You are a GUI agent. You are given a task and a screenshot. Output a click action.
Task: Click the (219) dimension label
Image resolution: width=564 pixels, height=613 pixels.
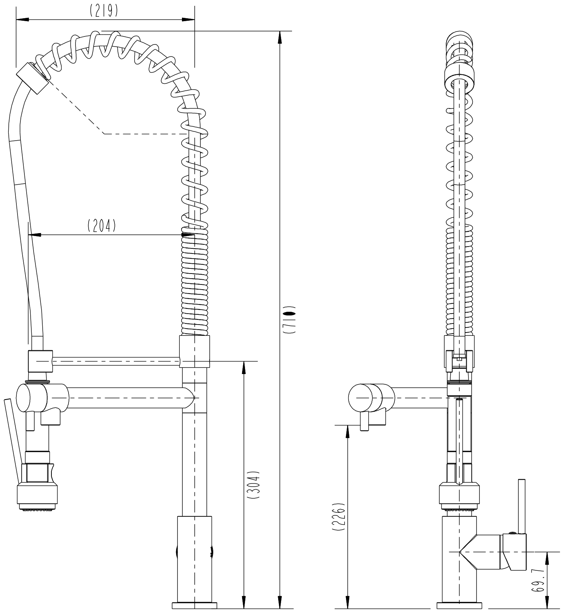pos(104,11)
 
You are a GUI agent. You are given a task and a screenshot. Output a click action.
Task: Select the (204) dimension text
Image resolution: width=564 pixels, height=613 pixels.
pos(102,226)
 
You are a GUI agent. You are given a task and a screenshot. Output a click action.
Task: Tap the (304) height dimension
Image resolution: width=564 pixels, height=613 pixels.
pos(253,485)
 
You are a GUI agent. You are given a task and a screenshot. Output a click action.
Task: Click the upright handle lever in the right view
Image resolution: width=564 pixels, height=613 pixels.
pos(522,506)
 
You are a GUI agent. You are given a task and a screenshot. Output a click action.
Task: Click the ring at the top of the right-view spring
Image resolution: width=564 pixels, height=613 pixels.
pos(460,77)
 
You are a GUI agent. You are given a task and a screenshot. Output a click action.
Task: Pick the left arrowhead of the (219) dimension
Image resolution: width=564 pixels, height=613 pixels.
pos(22,20)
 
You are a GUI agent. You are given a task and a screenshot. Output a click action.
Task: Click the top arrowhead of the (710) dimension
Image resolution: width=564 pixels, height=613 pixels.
pos(280,38)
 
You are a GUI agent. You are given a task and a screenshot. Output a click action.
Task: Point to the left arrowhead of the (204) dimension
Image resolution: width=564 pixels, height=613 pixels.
pos(35,235)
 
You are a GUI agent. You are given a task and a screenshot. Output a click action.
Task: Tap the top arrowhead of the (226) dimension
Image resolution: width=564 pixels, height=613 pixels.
pos(348,432)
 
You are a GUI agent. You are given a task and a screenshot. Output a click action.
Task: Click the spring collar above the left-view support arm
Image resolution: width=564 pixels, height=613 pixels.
pos(195,352)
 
